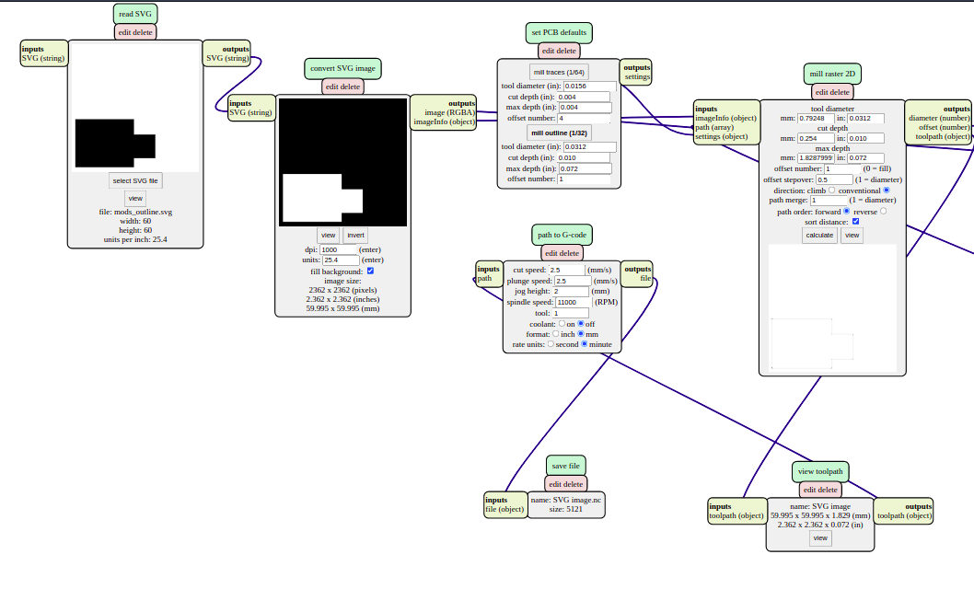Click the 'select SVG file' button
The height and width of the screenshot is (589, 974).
click(135, 180)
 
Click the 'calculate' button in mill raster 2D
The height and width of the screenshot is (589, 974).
click(819, 235)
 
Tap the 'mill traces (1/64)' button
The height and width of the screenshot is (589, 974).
click(559, 72)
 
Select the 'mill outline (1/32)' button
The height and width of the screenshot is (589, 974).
click(559, 133)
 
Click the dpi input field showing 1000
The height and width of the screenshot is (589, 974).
click(341, 249)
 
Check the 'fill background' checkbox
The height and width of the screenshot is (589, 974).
click(370, 271)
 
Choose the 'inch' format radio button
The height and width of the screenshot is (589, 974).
click(558, 334)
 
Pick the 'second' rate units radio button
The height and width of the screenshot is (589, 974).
click(551, 344)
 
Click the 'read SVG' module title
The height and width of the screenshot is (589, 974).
click(135, 15)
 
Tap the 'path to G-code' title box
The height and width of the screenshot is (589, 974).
click(561, 235)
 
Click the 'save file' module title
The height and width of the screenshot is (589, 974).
click(565, 466)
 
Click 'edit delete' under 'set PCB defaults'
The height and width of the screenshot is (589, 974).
click(559, 51)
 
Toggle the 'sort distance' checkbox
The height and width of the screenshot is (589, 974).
click(856, 222)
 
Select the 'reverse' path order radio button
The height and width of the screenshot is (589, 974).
click(884, 211)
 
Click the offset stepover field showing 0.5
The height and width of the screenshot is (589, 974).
click(834, 179)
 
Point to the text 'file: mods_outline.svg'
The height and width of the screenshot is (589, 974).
click(135, 212)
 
